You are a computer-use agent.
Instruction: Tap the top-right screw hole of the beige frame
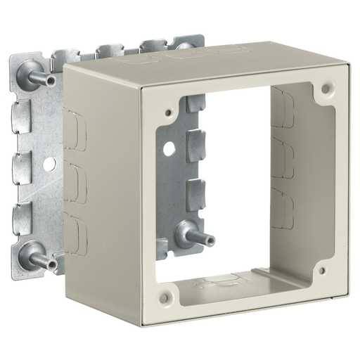coord(326,89)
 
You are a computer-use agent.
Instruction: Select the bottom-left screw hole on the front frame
coord(164,298)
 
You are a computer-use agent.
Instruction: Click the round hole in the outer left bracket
coord(49,162)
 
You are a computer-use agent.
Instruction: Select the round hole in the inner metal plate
coord(169,149)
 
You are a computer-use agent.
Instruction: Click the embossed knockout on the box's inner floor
coord(218,282)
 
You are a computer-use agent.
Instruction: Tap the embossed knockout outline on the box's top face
coord(225,55)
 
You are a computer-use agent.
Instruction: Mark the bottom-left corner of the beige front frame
coord(143,324)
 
